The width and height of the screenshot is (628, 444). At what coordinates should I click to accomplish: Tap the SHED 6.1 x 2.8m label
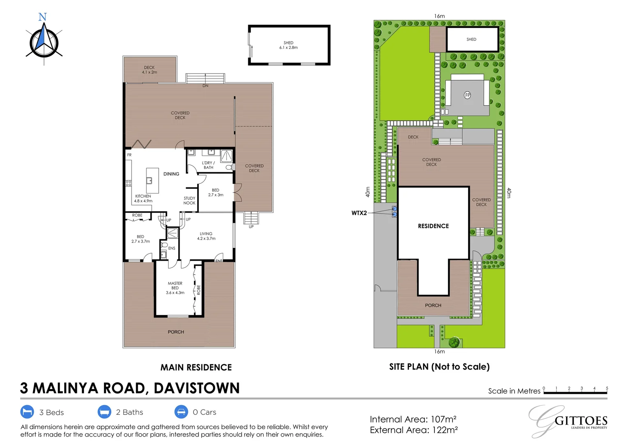tap(289, 45)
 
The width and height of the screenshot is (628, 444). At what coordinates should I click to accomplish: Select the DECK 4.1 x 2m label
tap(149, 70)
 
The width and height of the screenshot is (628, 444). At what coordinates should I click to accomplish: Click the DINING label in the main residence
tap(171, 174)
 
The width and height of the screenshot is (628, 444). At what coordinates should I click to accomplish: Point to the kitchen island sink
tap(150, 180)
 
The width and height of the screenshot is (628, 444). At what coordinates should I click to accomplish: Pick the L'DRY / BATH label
tap(208, 165)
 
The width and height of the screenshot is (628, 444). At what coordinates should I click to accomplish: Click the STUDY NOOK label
tap(189, 201)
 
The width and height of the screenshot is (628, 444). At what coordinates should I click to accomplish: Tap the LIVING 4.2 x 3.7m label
tap(206, 236)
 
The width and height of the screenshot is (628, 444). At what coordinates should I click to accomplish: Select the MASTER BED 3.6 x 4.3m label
tap(175, 288)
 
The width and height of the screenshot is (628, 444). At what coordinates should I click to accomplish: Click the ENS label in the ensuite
tap(172, 248)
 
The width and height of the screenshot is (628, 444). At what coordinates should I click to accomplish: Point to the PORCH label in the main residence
tap(176, 332)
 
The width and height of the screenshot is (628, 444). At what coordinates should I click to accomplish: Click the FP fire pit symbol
tap(467, 95)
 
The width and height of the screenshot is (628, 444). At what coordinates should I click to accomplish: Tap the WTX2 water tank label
tap(359, 213)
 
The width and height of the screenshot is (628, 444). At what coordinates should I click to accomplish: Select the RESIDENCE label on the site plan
tap(433, 226)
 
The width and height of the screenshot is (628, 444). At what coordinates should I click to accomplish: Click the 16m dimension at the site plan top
tap(439, 16)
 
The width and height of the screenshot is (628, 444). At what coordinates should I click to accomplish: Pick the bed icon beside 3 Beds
tap(27, 412)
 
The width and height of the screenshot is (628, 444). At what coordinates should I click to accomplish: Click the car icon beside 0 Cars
tap(181, 412)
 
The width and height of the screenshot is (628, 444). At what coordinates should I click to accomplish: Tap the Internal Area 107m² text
tap(413, 419)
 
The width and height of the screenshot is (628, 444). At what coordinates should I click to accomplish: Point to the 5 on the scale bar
tap(607, 388)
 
